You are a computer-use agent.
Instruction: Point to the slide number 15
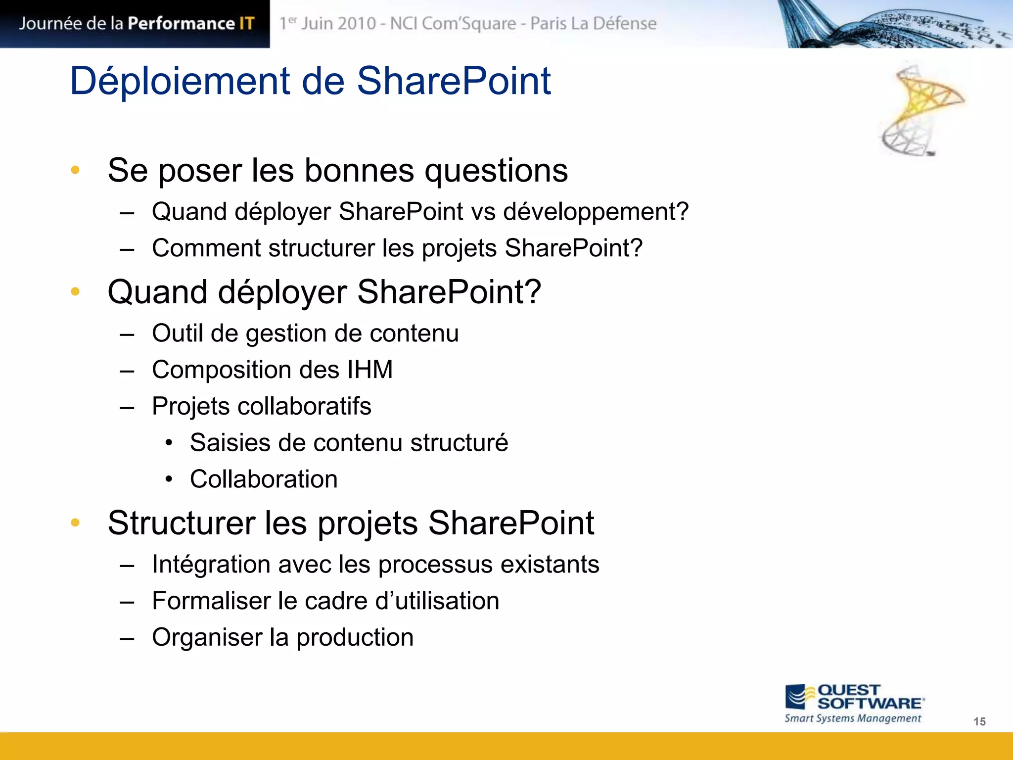point(979,721)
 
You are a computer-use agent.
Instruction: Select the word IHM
point(370,370)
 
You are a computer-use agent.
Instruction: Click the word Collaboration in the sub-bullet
point(264,479)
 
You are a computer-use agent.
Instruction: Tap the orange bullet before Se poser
point(75,170)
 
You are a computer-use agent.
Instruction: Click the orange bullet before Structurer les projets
point(75,522)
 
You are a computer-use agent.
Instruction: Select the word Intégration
point(211,565)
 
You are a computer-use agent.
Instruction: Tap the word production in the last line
point(355,637)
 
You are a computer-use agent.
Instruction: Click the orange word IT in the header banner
point(246,23)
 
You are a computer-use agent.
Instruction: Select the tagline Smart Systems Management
point(853,718)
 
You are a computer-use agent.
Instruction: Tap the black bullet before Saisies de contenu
point(169,443)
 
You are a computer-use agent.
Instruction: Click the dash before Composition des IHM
point(127,371)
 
